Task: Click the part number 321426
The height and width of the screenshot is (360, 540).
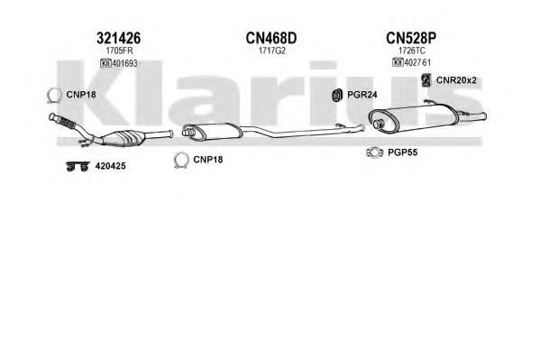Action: tap(118, 38)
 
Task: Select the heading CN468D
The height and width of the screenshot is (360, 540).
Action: tap(271, 38)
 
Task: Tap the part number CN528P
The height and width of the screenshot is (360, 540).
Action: tap(411, 38)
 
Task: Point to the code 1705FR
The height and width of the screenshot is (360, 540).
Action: tap(119, 51)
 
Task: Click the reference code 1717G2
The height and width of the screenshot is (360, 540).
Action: tap(272, 51)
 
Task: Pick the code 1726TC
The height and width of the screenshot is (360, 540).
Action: tap(412, 51)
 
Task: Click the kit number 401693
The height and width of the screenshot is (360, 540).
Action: tap(124, 63)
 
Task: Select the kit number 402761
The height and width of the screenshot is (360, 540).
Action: tap(417, 63)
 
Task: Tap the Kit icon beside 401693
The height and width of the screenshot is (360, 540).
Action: tap(105, 63)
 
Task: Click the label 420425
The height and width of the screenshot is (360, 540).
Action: tap(110, 166)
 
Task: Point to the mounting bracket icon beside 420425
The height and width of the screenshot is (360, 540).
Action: tap(78, 167)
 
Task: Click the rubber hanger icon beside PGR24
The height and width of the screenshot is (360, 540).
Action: tap(336, 95)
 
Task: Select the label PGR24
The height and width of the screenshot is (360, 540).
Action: tap(362, 95)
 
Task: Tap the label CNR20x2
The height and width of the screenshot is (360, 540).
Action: tap(456, 80)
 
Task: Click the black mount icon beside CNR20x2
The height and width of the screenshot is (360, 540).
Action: tap(426, 80)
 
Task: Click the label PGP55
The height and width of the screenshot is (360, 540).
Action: tap(402, 152)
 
